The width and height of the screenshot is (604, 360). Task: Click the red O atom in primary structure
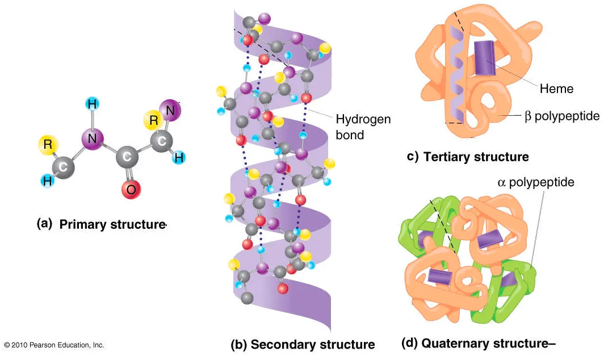tap(131, 189)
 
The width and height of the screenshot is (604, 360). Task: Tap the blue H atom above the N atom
tap(92, 104)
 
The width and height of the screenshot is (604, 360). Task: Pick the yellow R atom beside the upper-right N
tap(153, 120)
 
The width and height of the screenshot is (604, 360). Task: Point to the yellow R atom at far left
tap(48, 145)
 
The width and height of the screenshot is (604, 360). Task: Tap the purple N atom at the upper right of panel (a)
tap(169, 110)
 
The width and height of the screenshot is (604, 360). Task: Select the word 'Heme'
tap(556, 89)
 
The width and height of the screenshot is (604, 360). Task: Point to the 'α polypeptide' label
tap(536, 182)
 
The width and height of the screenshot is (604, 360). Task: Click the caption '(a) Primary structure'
tap(101, 224)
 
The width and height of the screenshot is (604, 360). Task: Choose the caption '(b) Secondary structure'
tap(303, 345)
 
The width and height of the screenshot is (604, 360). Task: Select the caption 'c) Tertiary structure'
tap(468, 157)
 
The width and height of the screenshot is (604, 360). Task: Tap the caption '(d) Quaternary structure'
tap(477, 344)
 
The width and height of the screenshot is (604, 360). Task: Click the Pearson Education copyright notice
tap(54, 345)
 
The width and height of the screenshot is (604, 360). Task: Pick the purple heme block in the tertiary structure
tap(484, 58)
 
